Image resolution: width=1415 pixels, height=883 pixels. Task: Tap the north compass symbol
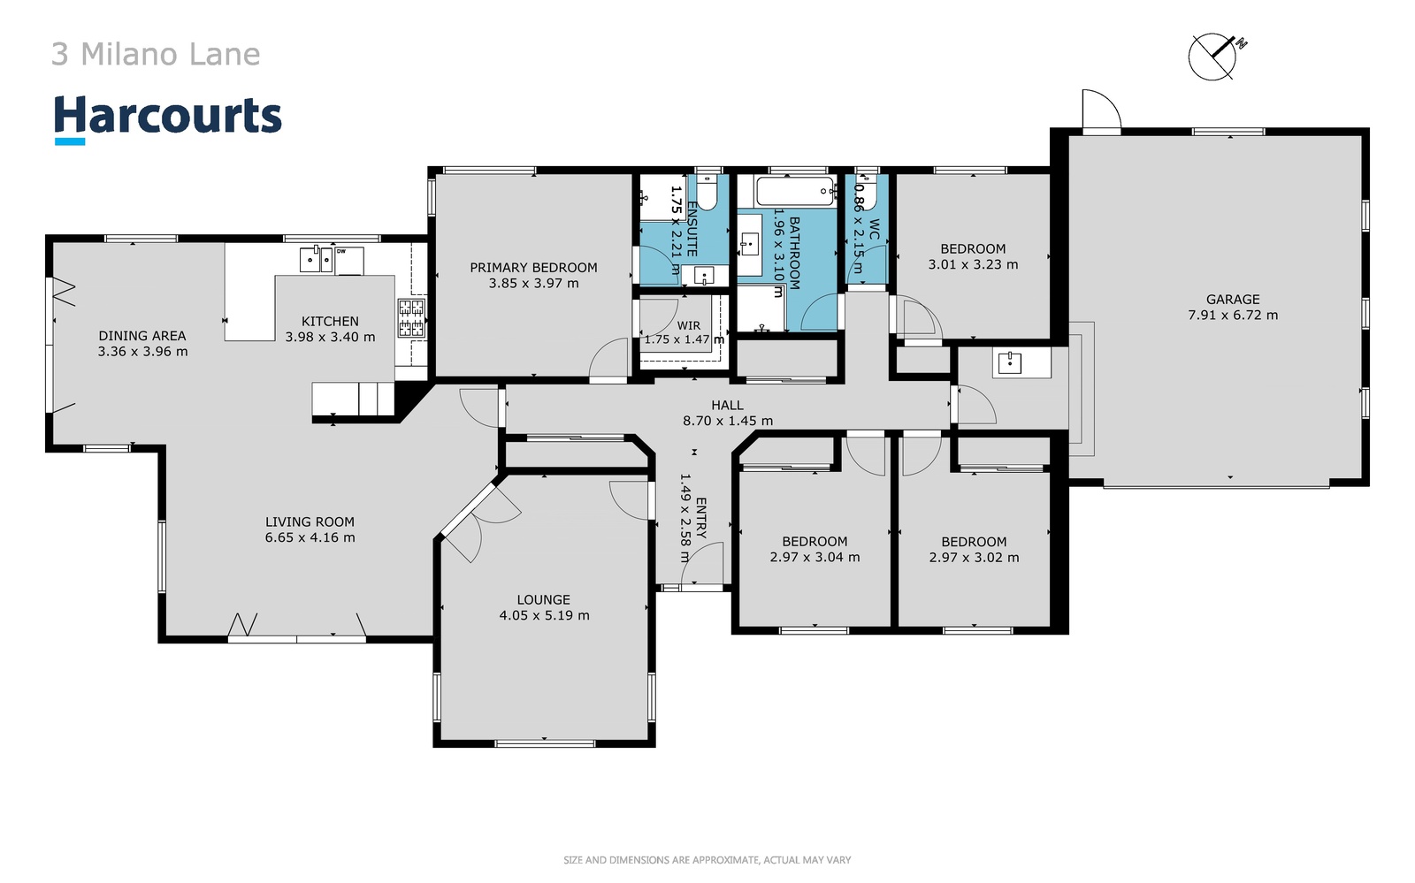point(1217,57)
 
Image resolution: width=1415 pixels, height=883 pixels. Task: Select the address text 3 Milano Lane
point(156,54)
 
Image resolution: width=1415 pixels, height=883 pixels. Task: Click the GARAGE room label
point(1233,299)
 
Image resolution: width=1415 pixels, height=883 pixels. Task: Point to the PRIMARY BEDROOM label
point(533,268)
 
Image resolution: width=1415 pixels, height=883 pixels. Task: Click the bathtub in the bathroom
point(796,191)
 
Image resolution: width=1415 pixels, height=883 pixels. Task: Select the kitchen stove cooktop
point(411,317)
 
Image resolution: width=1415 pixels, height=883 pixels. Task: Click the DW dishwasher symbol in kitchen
point(348,261)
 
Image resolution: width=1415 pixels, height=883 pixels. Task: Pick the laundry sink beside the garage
point(1009,363)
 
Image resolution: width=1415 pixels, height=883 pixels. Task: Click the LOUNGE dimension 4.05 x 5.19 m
point(544,615)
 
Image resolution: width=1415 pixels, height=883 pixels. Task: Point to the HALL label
point(727,405)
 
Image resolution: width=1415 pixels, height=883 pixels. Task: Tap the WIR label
point(688,325)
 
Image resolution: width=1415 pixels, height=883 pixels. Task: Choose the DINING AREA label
point(142,336)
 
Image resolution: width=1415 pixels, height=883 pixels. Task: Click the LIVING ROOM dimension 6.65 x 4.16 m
point(310,537)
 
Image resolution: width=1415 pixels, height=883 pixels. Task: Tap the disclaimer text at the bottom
point(707,860)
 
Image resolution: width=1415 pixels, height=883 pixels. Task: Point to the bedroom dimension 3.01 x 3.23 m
point(973,264)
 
